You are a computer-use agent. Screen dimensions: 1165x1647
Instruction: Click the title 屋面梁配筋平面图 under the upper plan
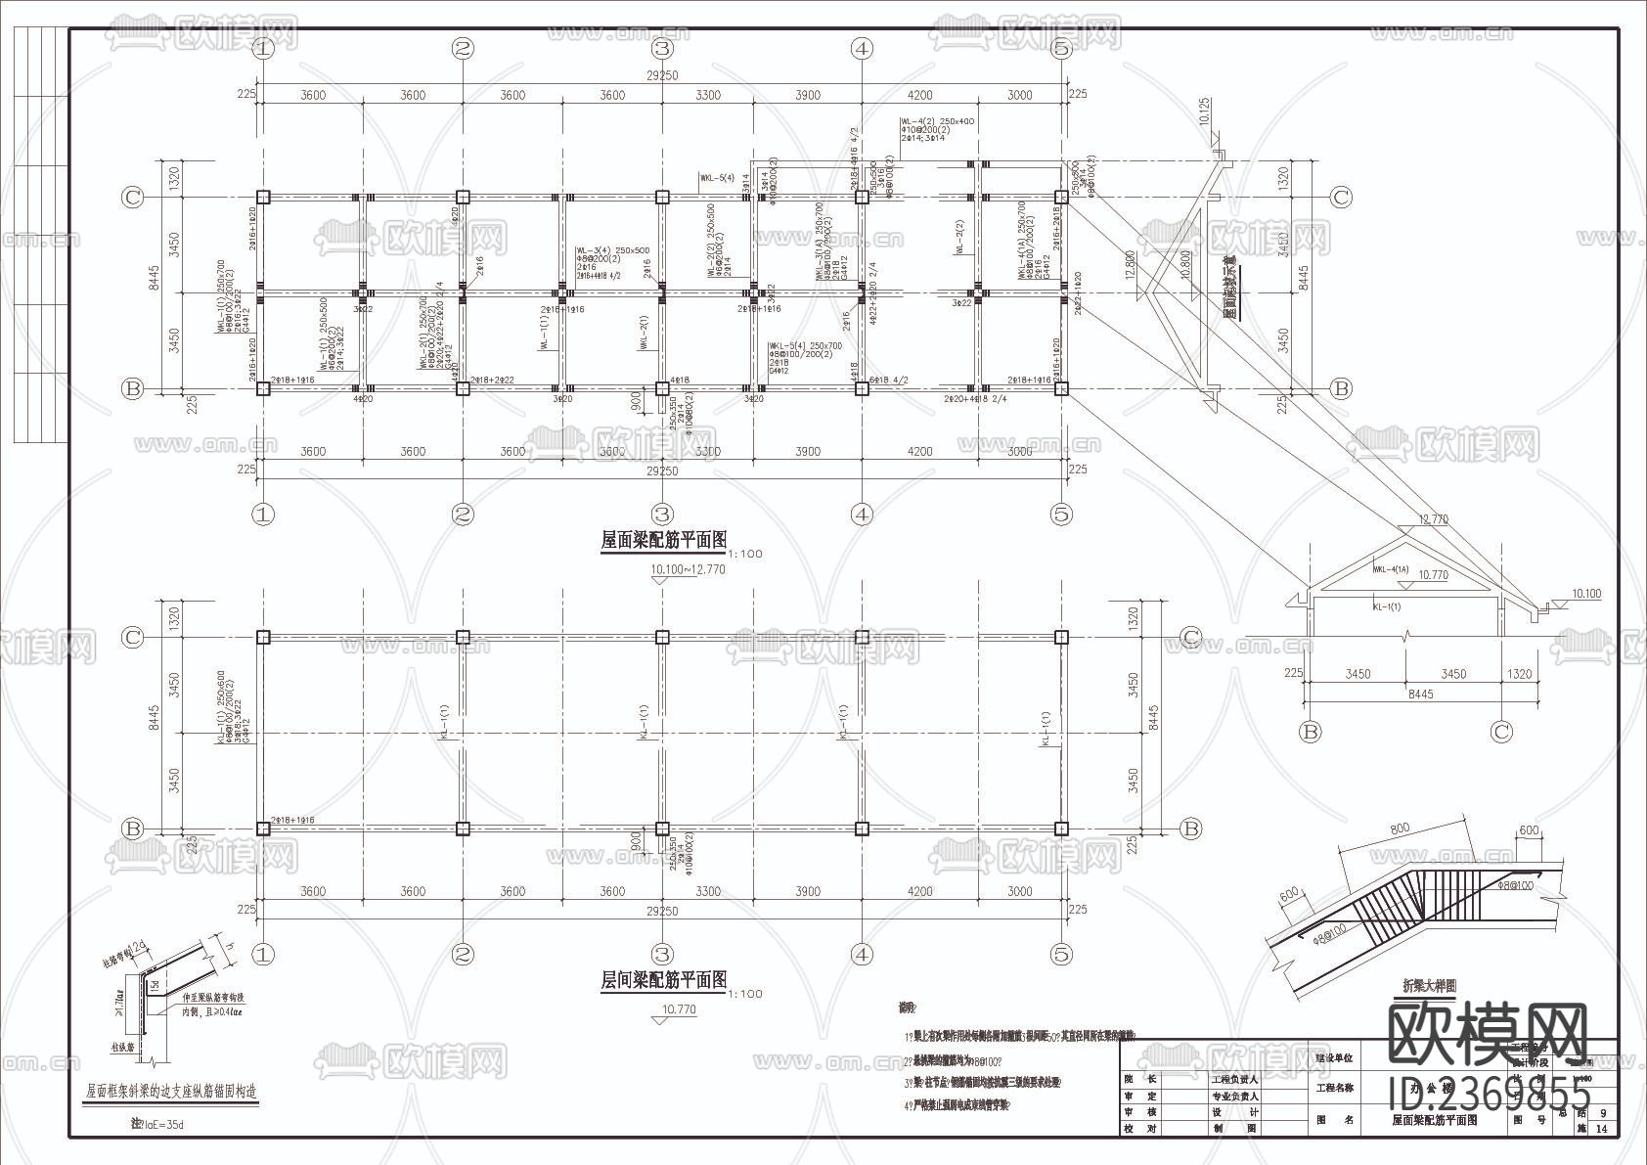[663, 539]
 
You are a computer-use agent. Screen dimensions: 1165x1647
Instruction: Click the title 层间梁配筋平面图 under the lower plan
[663, 979]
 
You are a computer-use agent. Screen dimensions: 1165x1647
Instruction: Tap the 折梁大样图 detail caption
[1429, 987]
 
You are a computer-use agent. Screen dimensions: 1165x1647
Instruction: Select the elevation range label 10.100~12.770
[689, 569]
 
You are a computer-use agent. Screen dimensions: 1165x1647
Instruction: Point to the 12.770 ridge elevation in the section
[1433, 519]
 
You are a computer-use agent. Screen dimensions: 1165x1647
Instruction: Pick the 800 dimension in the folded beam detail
[1400, 829]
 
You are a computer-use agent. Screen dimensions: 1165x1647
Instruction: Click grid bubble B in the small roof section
[1310, 732]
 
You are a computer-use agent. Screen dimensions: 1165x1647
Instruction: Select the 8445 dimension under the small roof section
[1420, 694]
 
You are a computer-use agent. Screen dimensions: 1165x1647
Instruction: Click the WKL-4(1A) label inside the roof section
[1390, 569]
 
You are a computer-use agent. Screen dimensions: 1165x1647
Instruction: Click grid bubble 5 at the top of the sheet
[1061, 48]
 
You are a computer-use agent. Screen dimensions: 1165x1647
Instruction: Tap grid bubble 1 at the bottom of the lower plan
[262, 954]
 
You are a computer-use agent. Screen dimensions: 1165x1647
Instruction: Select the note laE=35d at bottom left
[158, 1125]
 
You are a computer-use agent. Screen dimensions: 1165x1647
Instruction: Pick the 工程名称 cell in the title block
[1335, 1088]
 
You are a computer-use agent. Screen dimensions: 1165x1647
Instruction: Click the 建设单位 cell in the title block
[1335, 1057]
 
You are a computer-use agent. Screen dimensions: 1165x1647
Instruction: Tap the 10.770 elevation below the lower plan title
[679, 1009]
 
